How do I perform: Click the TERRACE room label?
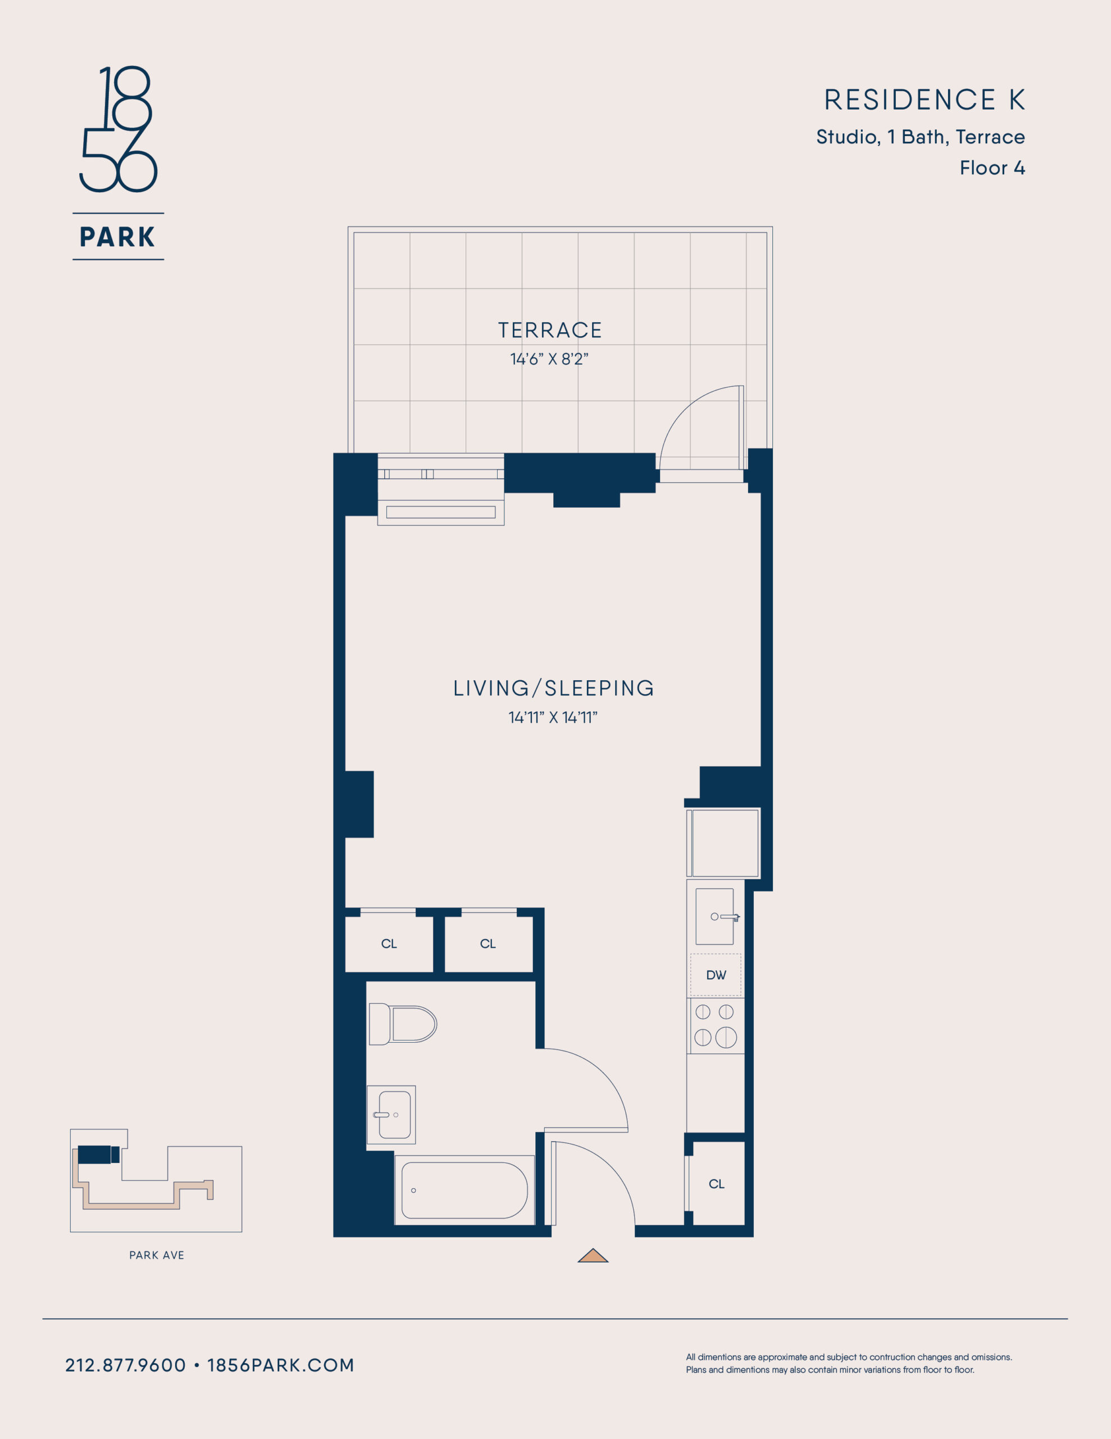(x=550, y=330)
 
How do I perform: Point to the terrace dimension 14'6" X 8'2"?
(x=549, y=359)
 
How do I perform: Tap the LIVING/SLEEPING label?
(x=553, y=688)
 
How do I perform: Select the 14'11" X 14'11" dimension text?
(x=553, y=717)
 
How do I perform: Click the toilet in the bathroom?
(x=402, y=1024)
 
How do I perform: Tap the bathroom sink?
(x=391, y=1115)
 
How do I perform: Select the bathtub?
(x=465, y=1190)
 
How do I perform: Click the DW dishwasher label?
(x=716, y=975)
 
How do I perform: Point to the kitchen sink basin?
(x=714, y=916)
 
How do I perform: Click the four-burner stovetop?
(x=715, y=1026)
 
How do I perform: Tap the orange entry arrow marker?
(x=593, y=1255)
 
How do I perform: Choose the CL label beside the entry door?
(x=717, y=1184)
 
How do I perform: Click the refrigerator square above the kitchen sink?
(x=724, y=843)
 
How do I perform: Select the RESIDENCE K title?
(x=925, y=99)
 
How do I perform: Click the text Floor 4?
(x=992, y=168)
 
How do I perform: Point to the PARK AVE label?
(x=157, y=1255)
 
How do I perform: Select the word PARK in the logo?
(x=118, y=237)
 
